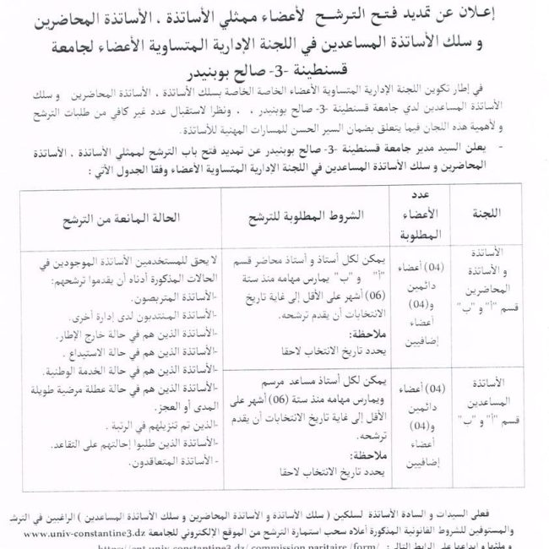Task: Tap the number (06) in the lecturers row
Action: (364, 299)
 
